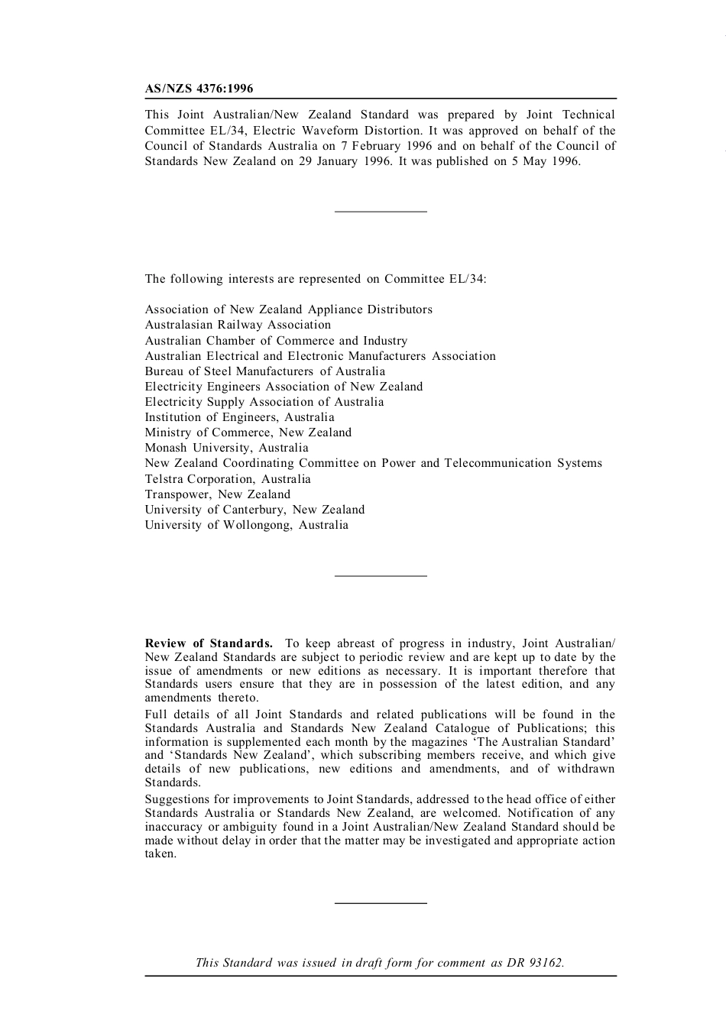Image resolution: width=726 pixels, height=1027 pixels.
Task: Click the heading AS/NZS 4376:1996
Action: point(199,89)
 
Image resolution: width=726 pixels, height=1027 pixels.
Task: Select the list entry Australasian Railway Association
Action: point(238,325)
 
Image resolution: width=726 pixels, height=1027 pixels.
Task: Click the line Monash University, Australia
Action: point(227,448)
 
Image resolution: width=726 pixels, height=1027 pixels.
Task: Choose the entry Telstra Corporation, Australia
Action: point(228,479)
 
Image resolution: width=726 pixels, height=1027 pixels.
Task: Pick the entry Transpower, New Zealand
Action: point(218,494)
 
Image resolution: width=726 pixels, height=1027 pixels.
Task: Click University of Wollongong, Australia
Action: point(246,525)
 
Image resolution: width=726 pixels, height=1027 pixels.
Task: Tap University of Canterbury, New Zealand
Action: point(254,510)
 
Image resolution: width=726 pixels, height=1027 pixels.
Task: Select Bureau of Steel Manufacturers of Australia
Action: point(265,371)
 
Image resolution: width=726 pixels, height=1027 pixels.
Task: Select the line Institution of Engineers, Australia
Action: point(239,417)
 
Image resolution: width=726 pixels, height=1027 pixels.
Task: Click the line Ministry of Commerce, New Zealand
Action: point(248,433)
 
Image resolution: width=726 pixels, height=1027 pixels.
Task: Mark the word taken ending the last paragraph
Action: point(160,854)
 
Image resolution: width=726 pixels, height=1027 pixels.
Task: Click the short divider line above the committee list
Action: point(381,211)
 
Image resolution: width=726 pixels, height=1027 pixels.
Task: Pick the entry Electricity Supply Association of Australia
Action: point(264,402)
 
